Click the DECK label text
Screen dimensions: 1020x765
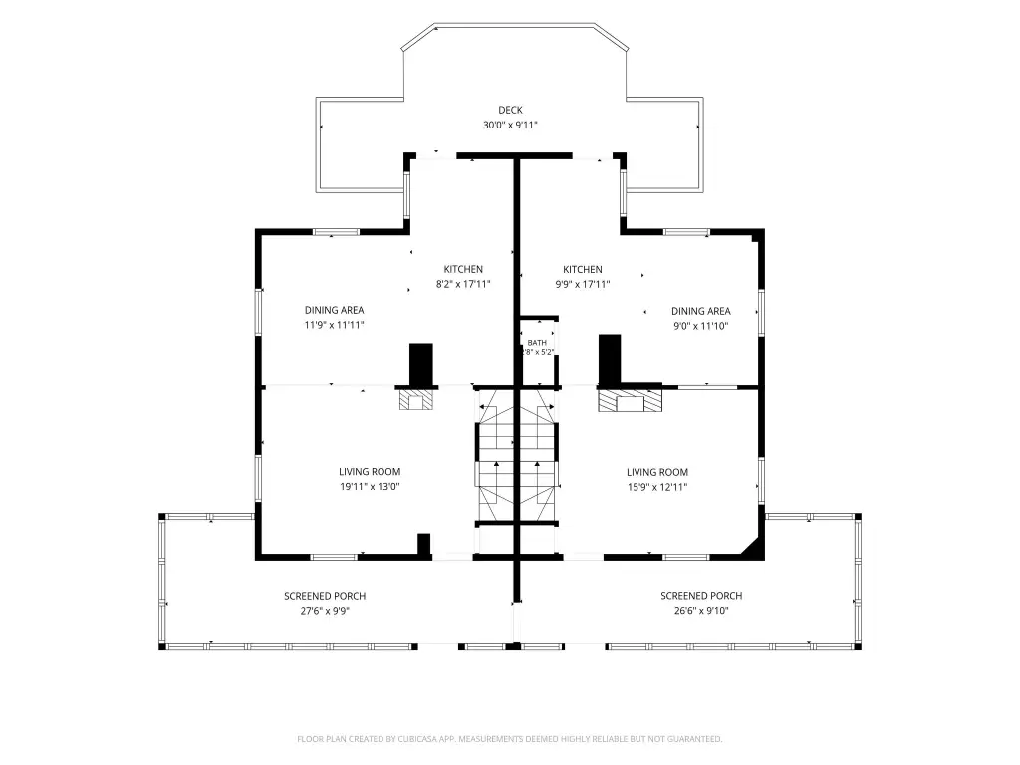click(510, 110)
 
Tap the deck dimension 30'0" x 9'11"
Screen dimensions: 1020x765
click(510, 125)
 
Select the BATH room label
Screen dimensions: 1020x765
click(537, 343)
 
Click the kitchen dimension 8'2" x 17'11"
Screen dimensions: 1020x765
click(463, 284)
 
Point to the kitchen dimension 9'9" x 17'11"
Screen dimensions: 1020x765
click(582, 284)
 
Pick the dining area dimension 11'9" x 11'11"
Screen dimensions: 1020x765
click(335, 325)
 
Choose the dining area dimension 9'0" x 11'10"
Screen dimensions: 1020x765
click(700, 326)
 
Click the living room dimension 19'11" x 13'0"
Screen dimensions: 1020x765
click(370, 486)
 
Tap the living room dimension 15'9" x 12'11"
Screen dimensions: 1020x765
click(657, 487)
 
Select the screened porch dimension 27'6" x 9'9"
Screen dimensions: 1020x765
click(325, 611)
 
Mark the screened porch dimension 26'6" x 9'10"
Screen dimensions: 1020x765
click(701, 611)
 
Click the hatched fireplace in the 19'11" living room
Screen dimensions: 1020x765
click(416, 399)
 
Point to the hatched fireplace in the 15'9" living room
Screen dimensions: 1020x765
click(630, 400)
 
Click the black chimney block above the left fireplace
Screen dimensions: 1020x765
click(421, 365)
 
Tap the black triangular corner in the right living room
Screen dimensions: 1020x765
click(755, 549)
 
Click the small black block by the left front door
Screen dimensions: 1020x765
click(423, 545)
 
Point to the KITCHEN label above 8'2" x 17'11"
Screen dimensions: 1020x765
click(463, 269)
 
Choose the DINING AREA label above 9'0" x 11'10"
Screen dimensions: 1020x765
click(700, 311)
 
